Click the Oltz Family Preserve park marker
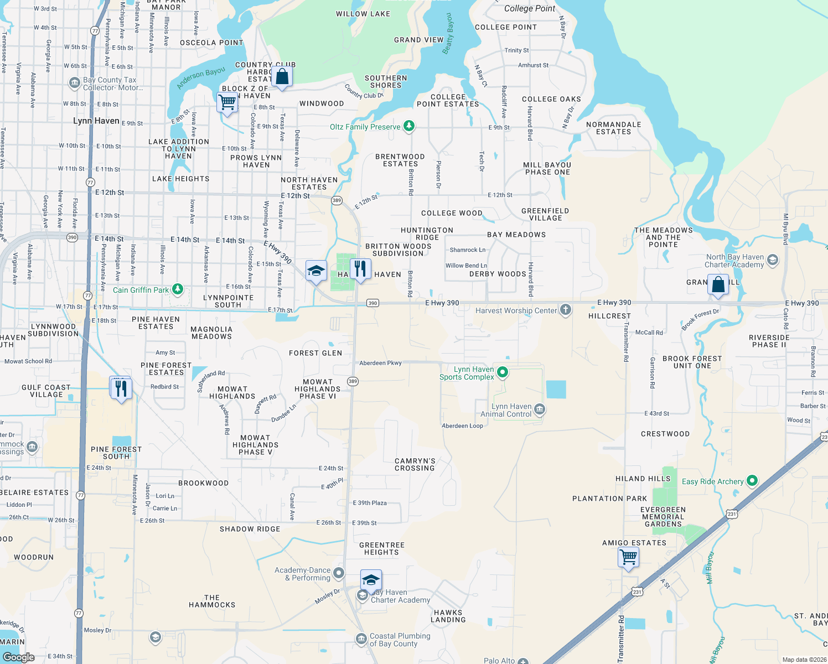click(409, 126)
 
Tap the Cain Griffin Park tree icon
click(177, 289)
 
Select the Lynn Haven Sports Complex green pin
click(502, 372)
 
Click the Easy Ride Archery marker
click(752, 481)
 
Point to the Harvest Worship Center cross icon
click(565, 309)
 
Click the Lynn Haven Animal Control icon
click(540, 409)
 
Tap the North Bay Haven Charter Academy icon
click(773, 260)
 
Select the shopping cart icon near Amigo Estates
click(629, 556)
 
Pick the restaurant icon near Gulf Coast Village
click(121, 388)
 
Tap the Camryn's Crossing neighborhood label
click(415, 464)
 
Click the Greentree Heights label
click(382, 548)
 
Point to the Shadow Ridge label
click(250, 529)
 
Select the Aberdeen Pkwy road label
click(380, 363)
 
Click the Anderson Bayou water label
click(201, 78)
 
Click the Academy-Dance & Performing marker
click(339, 573)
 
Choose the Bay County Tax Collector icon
click(74, 83)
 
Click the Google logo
click(19, 657)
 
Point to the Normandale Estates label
click(613, 128)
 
